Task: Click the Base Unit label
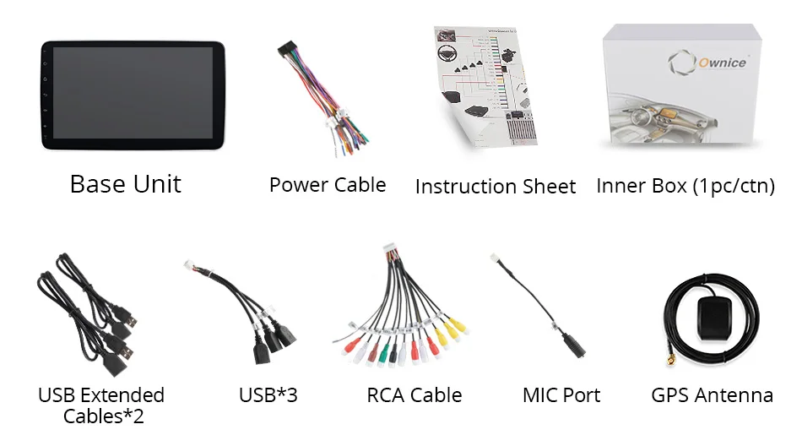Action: coord(125,184)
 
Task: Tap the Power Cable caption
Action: coord(328,185)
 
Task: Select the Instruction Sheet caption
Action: coord(496,187)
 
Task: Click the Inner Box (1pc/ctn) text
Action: coord(685,186)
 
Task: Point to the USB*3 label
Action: coord(268,394)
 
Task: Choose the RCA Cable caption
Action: coord(415,394)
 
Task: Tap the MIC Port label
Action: coord(561,394)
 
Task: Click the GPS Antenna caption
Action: coord(712,394)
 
